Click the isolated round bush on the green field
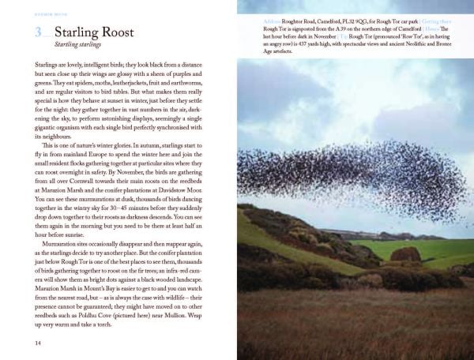pyautogui.click(x=405, y=254)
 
